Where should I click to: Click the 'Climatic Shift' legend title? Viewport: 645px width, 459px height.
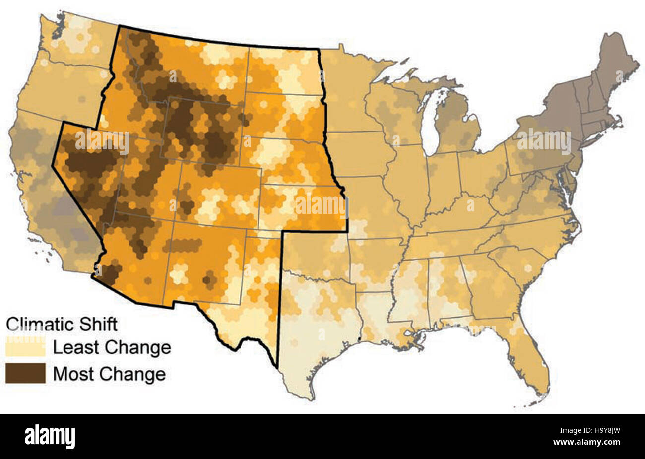tap(62, 324)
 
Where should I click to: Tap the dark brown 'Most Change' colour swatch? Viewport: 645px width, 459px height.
tap(25, 373)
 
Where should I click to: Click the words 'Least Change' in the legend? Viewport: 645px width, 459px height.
tap(112, 347)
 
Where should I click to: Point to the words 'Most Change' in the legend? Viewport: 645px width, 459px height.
tap(109, 373)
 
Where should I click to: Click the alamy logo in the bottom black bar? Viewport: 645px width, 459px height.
tap(50, 437)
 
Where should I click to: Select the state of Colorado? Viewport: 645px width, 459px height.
tap(218, 191)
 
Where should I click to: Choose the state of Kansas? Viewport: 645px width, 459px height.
tap(303, 206)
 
